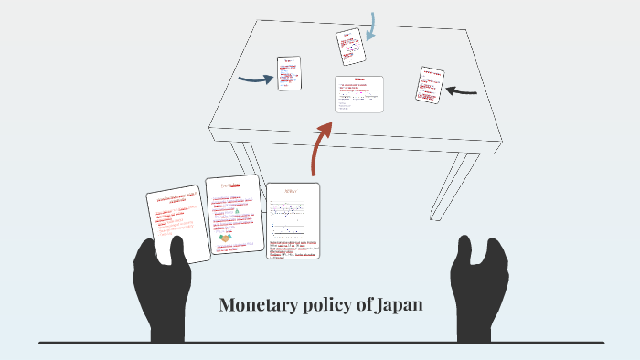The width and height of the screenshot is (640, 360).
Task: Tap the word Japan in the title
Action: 399,305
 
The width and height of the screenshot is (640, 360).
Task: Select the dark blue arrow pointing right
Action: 256,79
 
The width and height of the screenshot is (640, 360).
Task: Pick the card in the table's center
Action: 359,94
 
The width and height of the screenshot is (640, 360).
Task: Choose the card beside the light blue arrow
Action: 348,47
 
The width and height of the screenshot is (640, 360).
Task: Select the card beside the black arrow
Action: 429,84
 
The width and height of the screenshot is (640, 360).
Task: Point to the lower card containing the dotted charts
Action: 293,220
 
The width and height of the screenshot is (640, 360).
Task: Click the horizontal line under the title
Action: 320,343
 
